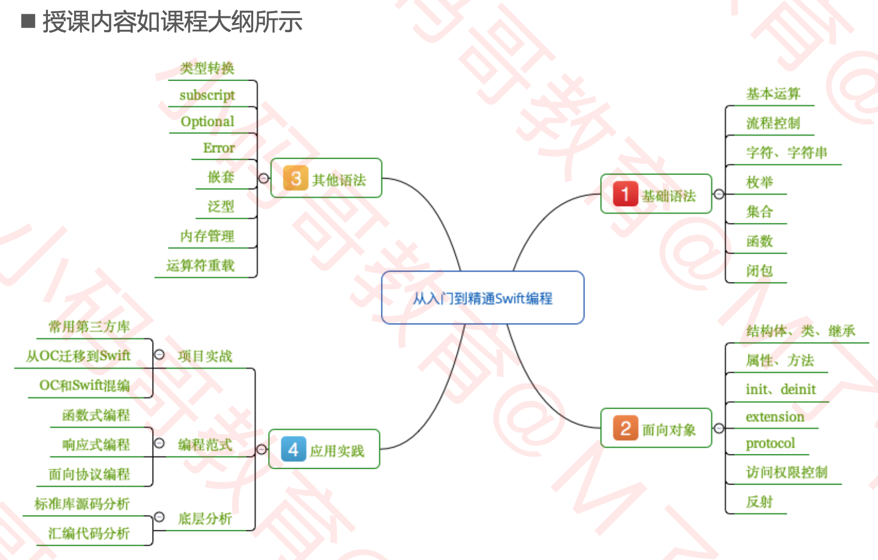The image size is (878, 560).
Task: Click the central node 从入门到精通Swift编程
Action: coord(482,298)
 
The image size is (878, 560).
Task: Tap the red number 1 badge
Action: coord(625,194)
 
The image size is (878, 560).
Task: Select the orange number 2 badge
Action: coord(625,428)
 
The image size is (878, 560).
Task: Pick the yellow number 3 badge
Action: coord(296,178)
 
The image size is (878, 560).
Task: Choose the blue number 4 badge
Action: coord(294,449)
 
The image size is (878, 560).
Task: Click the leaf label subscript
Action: coord(207,95)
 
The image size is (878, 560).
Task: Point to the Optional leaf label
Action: coord(207,121)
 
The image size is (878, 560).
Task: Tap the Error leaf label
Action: coord(218,148)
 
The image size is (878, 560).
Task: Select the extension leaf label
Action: coord(774,417)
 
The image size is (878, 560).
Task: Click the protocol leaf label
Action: coord(770,443)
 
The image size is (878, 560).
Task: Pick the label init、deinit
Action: coord(781,389)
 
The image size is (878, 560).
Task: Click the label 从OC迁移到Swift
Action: coord(78,355)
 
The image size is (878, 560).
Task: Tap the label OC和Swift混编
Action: coord(84,385)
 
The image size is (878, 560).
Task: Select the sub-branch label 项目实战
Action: coord(205,356)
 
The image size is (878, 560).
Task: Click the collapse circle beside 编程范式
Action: coord(159,443)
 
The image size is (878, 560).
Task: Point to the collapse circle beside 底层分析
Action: coord(159,517)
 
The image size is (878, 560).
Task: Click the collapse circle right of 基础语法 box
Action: coord(719,194)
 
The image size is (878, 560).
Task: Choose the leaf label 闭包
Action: coord(759,270)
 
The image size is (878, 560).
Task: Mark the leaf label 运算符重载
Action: coord(200,265)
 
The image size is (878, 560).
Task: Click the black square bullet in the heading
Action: coord(28,21)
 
